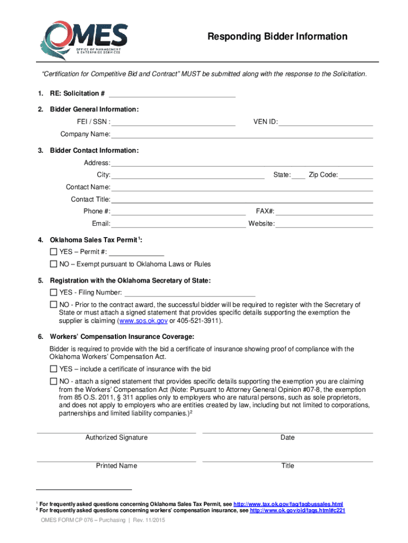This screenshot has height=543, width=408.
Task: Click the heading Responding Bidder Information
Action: (277, 37)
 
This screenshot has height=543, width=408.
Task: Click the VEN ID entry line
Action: (326, 122)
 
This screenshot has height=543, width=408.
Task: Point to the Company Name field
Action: (242, 135)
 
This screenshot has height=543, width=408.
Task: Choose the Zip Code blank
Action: (356, 176)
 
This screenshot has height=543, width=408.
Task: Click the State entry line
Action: (298, 176)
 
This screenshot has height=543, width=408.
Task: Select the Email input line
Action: (178, 224)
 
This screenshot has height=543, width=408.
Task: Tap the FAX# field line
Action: (324, 212)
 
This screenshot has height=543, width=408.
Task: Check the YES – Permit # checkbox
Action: (54, 252)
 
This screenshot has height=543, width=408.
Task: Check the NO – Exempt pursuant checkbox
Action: (54, 264)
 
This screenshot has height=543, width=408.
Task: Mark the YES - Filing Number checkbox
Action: (54, 293)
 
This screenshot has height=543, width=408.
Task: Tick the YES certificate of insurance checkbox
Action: (54, 369)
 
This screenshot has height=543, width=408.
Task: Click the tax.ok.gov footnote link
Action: (288, 504)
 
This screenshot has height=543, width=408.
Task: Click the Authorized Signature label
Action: (117, 437)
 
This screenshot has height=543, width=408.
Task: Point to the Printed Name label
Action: (117, 466)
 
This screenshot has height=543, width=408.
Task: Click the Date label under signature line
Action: (288, 437)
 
